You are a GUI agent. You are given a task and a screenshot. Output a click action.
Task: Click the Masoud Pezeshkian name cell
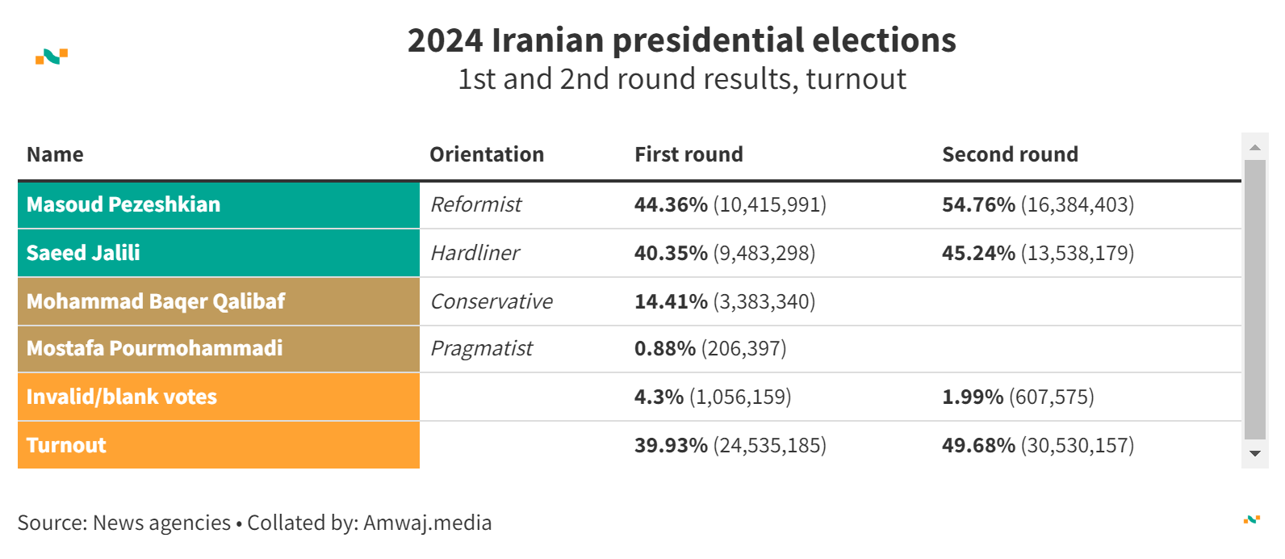pyautogui.click(x=123, y=204)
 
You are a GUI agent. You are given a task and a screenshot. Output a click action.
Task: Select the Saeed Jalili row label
pyautogui.click(x=83, y=253)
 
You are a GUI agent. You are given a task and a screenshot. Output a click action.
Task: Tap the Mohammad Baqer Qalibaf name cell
pyautogui.click(x=156, y=301)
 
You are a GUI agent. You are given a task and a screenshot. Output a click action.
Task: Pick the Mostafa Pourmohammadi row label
pyautogui.click(x=154, y=348)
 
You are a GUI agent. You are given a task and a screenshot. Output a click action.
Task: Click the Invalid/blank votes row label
pyautogui.click(x=122, y=397)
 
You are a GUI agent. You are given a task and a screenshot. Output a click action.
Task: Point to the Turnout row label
pyautogui.click(x=66, y=445)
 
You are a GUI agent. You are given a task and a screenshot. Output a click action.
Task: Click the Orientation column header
pyautogui.click(x=487, y=154)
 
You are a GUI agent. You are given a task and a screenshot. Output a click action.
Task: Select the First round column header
pyautogui.click(x=689, y=154)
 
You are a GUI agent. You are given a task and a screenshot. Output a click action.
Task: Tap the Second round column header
pyautogui.click(x=1010, y=154)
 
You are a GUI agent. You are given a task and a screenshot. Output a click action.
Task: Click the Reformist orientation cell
pyautogui.click(x=476, y=204)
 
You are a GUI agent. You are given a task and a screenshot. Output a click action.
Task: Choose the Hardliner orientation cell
pyautogui.click(x=475, y=253)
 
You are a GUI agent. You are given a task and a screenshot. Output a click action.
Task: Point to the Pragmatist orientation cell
pyautogui.click(x=482, y=348)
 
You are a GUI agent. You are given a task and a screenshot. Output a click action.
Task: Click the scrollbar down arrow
pyautogui.click(x=1254, y=454)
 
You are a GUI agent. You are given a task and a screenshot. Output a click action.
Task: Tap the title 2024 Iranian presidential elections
pyautogui.click(x=681, y=40)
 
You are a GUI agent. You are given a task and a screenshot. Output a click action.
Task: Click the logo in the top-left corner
pyautogui.click(x=52, y=57)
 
